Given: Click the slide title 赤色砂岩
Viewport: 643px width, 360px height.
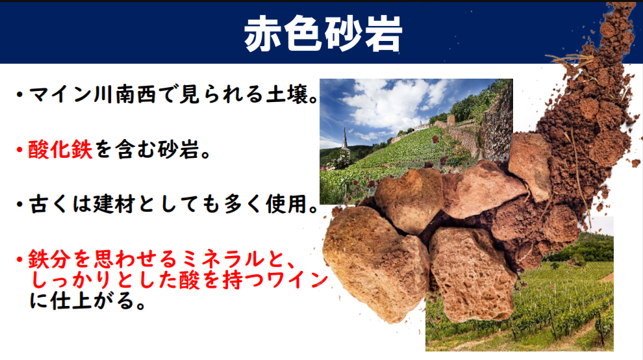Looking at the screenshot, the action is [323, 34].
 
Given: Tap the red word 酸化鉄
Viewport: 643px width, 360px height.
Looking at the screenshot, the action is [60, 149].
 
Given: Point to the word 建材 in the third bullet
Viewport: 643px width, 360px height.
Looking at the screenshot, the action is [114, 204].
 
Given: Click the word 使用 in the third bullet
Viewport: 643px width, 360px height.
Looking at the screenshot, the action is [286, 204].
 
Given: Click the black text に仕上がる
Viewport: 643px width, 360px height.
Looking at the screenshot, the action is [82, 301].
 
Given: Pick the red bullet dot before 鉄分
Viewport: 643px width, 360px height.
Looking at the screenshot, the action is [19, 259].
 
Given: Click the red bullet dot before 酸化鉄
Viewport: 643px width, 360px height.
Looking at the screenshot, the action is [19, 149].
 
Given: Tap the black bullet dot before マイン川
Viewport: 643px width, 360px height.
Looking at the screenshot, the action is [19, 95].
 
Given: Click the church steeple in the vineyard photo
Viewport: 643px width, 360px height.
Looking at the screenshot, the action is [345, 140].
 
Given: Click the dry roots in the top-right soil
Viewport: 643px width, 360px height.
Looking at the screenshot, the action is [574, 62].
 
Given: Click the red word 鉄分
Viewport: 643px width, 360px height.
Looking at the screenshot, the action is [49, 259].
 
